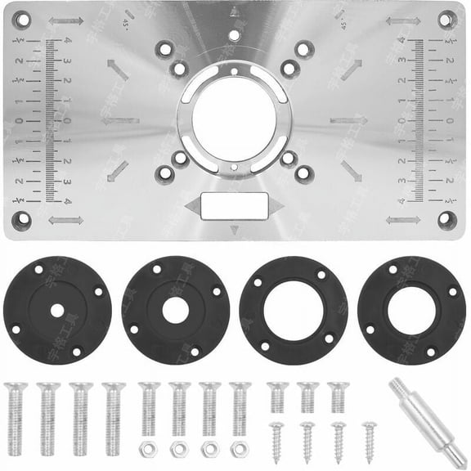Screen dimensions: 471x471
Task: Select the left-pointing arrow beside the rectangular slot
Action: point(193,206)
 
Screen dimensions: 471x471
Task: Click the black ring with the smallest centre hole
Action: point(57,311)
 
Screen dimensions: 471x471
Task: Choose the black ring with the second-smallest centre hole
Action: point(175,311)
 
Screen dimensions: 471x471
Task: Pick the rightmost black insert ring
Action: point(411,311)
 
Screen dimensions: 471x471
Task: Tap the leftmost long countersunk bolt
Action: point(16,417)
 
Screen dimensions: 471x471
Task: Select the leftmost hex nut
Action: point(148,449)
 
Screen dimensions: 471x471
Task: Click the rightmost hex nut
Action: point(240,449)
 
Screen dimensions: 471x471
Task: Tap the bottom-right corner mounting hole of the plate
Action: point(446,219)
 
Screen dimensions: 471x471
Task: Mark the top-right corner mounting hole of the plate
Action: point(446,20)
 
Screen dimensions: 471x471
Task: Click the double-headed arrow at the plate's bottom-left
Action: point(65,220)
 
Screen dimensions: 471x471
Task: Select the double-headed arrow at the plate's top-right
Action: point(402,21)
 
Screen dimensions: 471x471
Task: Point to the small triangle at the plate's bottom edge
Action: point(235,230)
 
